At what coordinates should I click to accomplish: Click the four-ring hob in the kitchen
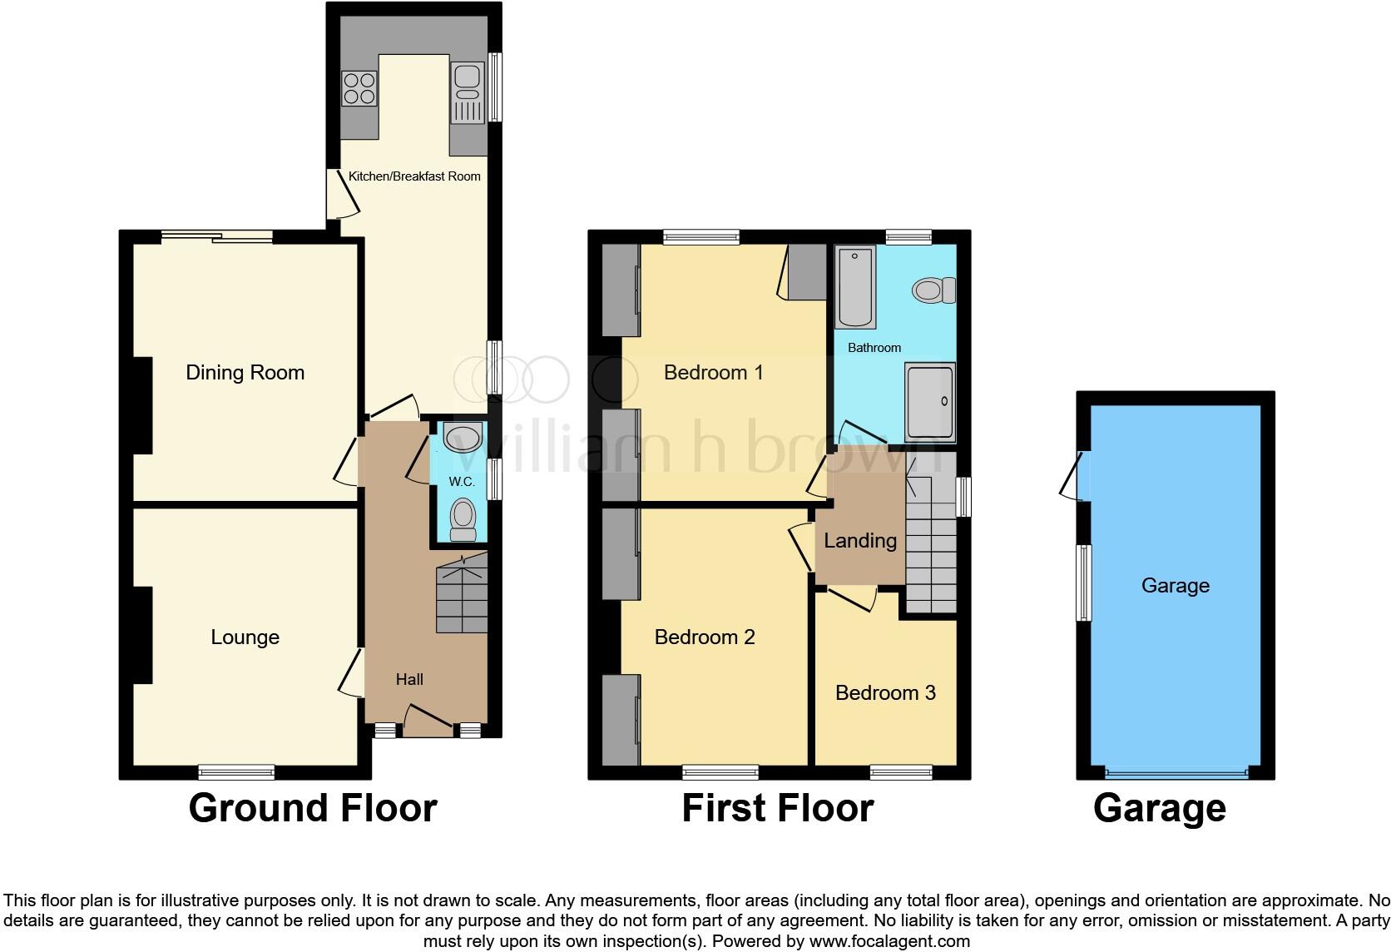tap(359, 88)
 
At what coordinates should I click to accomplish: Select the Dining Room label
tap(245, 372)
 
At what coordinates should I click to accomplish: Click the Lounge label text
tap(245, 637)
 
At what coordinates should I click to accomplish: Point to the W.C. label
tap(462, 482)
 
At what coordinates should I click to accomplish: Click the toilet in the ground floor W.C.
tap(463, 519)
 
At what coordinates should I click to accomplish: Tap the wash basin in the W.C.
tap(463, 437)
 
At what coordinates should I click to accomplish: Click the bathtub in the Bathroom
tap(855, 285)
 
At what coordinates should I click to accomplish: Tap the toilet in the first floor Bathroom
tap(934, 290)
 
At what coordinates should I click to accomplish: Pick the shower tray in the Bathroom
tap(929, 402)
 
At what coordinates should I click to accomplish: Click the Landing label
tap(860, 540)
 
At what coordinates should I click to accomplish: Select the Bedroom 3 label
tap(885, 692)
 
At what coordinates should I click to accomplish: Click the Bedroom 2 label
tap(705, 637)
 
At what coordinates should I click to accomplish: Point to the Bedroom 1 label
tap(713, 372)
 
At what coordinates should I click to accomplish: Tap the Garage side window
tap(1083, 583)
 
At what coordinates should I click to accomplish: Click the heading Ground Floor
tap(312, 807)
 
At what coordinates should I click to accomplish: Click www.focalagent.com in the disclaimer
tap(889, 941)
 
